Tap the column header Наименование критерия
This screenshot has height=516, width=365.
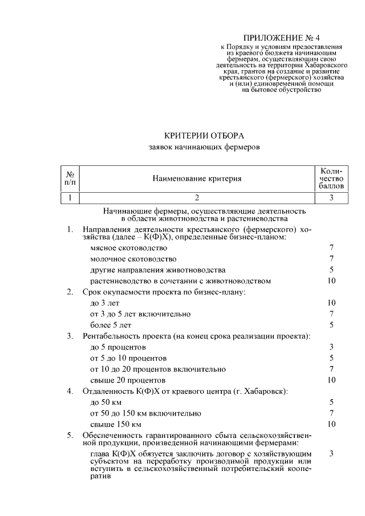pyautogui.click(x=197, y=178)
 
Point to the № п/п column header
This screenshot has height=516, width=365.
pyautogui.click(x=70, y=178)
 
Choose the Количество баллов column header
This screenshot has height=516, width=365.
pyautogui.click(x=331, y=178)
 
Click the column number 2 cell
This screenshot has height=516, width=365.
pyautogui.click(x=197, y=198)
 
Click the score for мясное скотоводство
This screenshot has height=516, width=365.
pyautogui.click(x=331, y=248)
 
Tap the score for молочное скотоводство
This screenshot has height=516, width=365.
pyautogui.click(x=331, y=259)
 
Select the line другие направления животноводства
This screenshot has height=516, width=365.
pyautogui.click(x=157, y=270)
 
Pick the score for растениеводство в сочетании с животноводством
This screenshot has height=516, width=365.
pyautogui.click(x=331, y=281)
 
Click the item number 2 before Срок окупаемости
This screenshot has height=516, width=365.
pyautogui.click(x=70, y=292)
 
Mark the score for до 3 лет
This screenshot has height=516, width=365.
pyautogui.click(x=331, y=303)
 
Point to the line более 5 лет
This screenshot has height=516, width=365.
pyautogui.click(x=111, y=325)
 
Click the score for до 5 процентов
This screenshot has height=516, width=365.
pyautogui.click(x=331, y=347)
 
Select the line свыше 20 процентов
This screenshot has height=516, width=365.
pyautogui.click(x=128, y=380)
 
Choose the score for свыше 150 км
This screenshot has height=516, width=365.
pyautogui.click(x=331, y=424)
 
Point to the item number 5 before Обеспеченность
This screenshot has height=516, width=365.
pyautogui.click(x=70, y=436)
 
